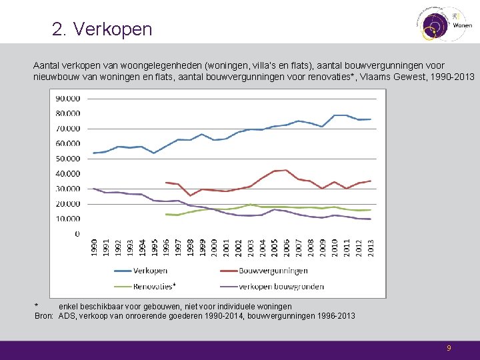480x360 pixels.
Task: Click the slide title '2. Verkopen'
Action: point(102,29)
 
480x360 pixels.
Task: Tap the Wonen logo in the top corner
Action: point(443,24)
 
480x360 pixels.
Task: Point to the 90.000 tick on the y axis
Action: point(68,98)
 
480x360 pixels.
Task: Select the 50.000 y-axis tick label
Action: point(68,159)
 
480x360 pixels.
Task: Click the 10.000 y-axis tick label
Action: point(68,219)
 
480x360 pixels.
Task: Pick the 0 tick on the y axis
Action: point(77,234)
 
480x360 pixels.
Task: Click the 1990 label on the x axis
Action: point(94,247)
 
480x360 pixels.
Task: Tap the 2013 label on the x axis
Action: point(370,247)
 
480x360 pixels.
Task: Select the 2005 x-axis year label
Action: point(274,247)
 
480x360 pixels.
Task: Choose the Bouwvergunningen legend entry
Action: point(275,271)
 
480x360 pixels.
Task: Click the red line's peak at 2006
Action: point(286,170)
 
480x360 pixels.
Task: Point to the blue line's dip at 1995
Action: point(154,153)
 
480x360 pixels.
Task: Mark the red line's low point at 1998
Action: point(190,195)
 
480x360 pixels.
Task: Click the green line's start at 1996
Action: point(166,214)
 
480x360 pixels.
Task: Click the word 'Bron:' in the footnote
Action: point(44,315)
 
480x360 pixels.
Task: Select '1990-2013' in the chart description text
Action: point(452,77)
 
